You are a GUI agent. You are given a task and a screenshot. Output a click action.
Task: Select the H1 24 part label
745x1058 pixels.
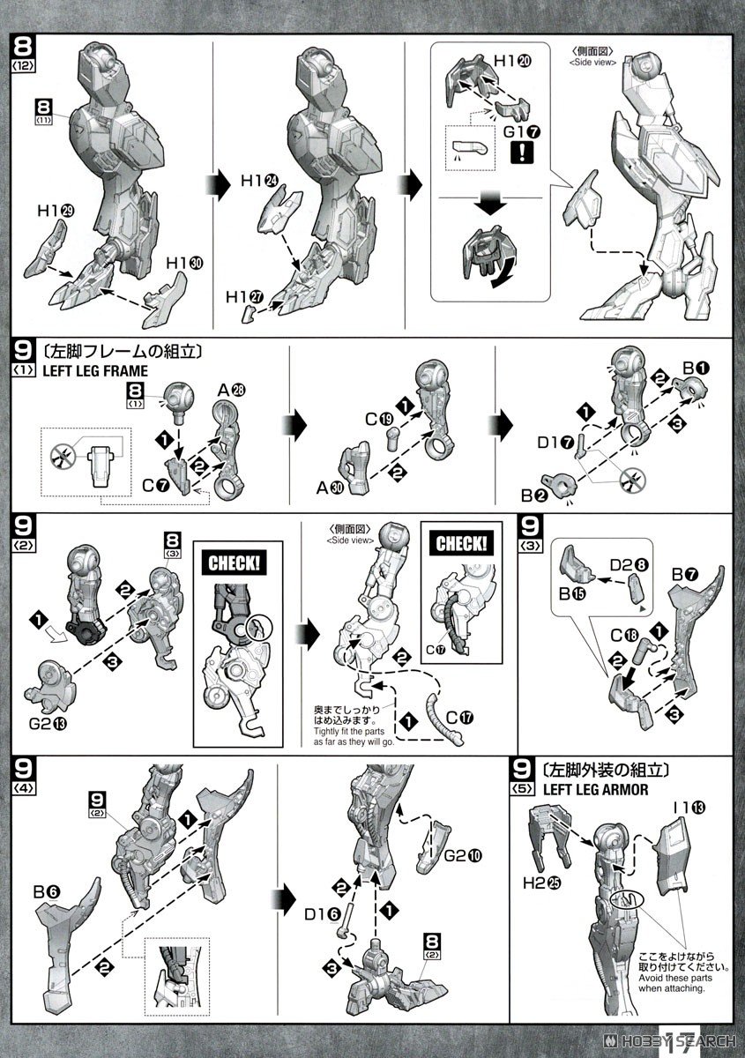pos(259,180)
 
